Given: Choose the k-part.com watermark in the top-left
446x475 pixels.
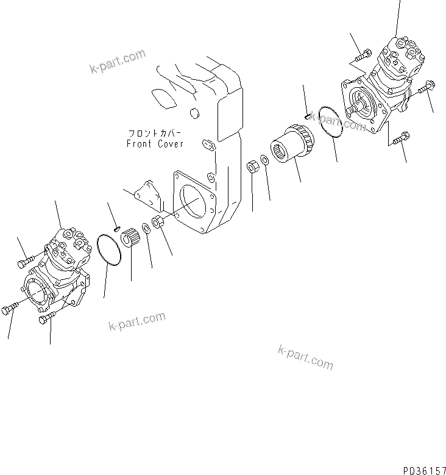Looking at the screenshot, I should [x=118, y=61].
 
